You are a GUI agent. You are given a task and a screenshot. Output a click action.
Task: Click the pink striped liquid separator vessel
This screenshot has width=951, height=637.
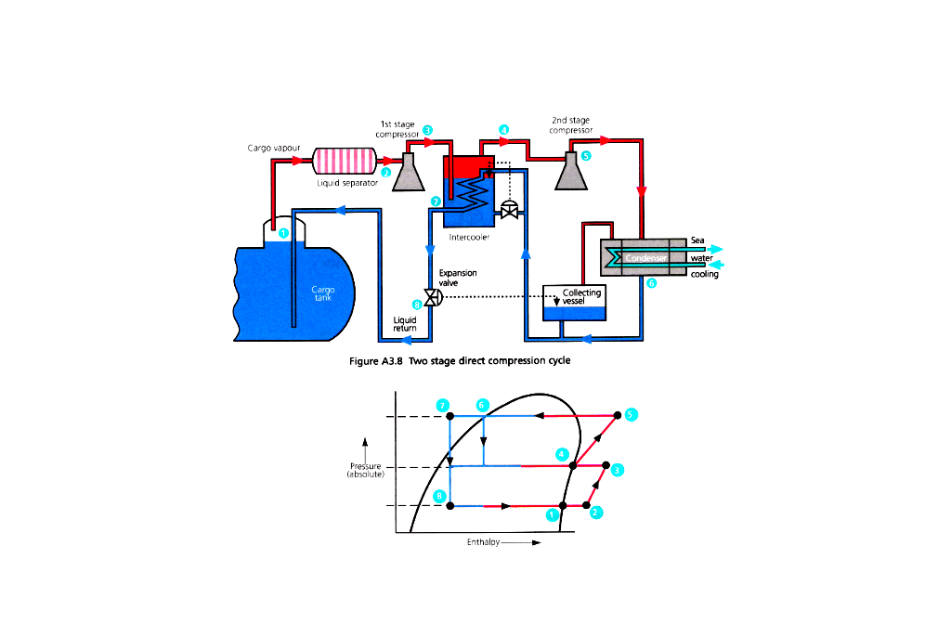click(344, 161)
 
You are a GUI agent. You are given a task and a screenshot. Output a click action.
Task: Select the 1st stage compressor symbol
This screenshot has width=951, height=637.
click(408, 173)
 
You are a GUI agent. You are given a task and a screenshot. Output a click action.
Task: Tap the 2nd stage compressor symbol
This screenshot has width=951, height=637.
click(570, 173)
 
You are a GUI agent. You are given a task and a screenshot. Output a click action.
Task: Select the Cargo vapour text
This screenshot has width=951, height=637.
click(273, 148)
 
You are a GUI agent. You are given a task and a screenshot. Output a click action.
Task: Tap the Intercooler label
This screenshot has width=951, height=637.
click(469, 237)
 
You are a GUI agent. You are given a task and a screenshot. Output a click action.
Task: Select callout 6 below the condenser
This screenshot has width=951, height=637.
click(652, 283)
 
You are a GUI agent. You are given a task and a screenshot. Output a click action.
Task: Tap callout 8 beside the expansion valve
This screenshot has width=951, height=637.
click(416, 304)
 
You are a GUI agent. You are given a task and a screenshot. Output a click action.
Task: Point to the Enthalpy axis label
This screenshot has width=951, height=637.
click(483, 544)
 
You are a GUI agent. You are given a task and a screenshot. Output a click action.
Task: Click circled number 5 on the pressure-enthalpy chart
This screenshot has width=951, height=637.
click(631, 414)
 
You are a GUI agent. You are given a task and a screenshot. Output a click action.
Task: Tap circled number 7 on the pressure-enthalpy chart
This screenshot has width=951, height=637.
click(444, 406)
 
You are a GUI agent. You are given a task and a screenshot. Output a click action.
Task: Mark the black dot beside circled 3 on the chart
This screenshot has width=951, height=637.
click(606, 464)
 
